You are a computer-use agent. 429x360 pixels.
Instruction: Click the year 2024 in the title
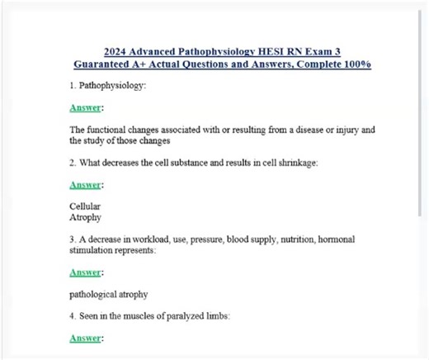click(x=118, y=51)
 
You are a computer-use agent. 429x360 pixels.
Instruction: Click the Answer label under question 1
click(x=86, y=108)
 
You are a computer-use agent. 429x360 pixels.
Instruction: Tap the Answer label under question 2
click(x=86, y=184)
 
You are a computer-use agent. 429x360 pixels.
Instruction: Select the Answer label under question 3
click(x=86, y=272)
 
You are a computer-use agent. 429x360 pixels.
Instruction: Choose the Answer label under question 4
click(x=86, y=338)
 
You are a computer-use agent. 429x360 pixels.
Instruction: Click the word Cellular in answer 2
click(x=84, y=206)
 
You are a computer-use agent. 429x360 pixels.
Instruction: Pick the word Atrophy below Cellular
click(x=85, y=217)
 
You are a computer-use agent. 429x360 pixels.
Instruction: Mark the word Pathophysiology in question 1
click(x=111, y=86)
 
